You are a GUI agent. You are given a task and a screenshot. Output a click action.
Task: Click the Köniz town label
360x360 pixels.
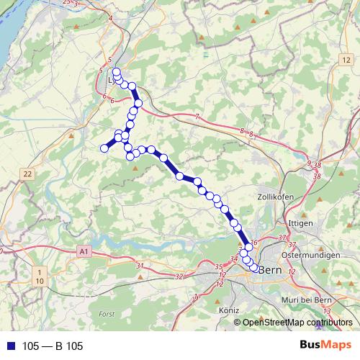(x=228, y=310)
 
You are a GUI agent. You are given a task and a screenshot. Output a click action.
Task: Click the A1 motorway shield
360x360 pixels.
(x=84, y=251)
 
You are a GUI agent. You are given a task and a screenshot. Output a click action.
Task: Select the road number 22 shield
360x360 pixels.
(x=27, y=174)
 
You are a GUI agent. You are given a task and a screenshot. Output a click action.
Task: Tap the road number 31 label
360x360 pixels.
(x=140, y=267)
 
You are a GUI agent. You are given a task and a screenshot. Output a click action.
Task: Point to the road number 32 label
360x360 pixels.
(x=179, y=276)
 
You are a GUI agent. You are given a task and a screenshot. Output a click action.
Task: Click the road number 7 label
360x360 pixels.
(x=197, y=116)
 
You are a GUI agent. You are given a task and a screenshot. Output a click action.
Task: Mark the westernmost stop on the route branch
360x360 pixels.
(x=104, y=148)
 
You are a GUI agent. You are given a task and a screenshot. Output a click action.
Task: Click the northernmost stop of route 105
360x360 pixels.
(x=116, y=71)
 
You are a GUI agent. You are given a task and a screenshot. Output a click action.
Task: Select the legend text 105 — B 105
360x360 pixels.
(x=53, y=346)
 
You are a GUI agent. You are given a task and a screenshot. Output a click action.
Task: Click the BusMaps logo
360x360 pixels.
(x=325, y=346)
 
